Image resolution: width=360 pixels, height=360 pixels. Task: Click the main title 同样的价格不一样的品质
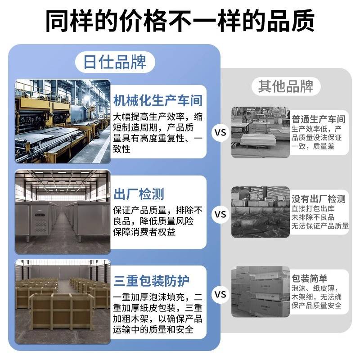pyautogui.click(x=180, y=21)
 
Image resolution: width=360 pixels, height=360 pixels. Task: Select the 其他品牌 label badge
pyautogui.click(x=285, y=85)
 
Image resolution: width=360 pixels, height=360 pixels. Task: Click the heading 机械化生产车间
pyautogui.click(x=157, y=100)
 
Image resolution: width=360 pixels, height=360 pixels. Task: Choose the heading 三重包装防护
pyautogui.click(x=151, y=282)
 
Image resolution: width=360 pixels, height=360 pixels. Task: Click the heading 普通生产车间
pyautogui.click(x=319, y=119)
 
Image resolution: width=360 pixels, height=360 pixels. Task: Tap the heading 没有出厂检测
pyautogui.click(x=319, y=198)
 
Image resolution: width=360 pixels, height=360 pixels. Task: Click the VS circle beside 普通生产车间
pyautogui.click(x=220, y=133)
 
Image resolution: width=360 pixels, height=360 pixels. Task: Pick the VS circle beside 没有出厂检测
pyautogui.click(x=220, y=215)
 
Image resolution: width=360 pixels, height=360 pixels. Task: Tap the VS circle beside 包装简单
pyautogui.click(x=220, y=294)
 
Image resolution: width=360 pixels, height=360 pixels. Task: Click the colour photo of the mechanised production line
pyautogui.click(x=63, y=121)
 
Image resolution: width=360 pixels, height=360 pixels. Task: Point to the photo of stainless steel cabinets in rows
pyautogui.click(x=63, y=212)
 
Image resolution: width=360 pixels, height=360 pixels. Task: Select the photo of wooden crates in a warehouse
pyautogui.click(x=63, y=301)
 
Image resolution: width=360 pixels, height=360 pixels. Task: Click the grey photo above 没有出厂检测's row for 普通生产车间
pyautogui.click(x=260, y=132)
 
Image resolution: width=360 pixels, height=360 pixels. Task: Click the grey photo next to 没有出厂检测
pyautogui.click(x=260, y=212)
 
